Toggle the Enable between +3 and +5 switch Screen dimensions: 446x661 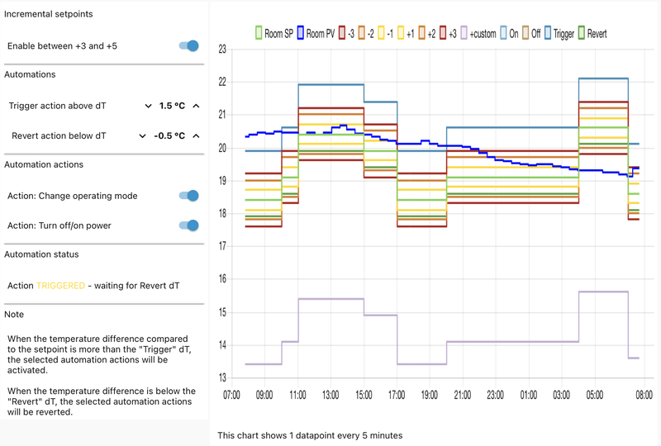[189, 46]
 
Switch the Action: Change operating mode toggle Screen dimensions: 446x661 [189, 196]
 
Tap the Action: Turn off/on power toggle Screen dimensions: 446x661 [189, 225]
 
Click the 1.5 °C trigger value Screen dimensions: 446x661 [172, 106]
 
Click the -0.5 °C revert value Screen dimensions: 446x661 [170, 135]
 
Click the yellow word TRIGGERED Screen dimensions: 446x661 [60, 285]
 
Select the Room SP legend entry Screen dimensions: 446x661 [273, 34]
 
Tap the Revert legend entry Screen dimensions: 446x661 [592, 34]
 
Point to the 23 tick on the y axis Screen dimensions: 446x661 [221, 50]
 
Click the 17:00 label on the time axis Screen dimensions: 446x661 [397, 396]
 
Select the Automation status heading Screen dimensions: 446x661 [41, 254]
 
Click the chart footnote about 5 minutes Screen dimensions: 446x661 [310, 434]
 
